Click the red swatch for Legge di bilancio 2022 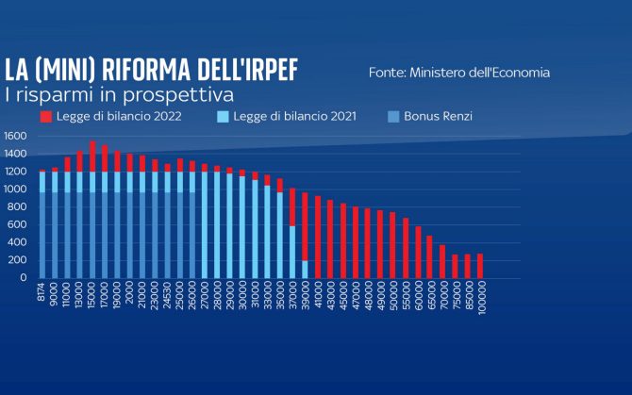(x=45, y=117)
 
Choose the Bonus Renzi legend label (x=438, y=117)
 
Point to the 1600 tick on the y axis (x=16, y=136)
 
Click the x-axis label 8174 (x=42, y=292)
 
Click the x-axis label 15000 (x=92, y=295)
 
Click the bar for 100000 (x=481, y=266)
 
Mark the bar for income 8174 (x=42, y=226)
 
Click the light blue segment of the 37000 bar (x=292, y=251)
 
